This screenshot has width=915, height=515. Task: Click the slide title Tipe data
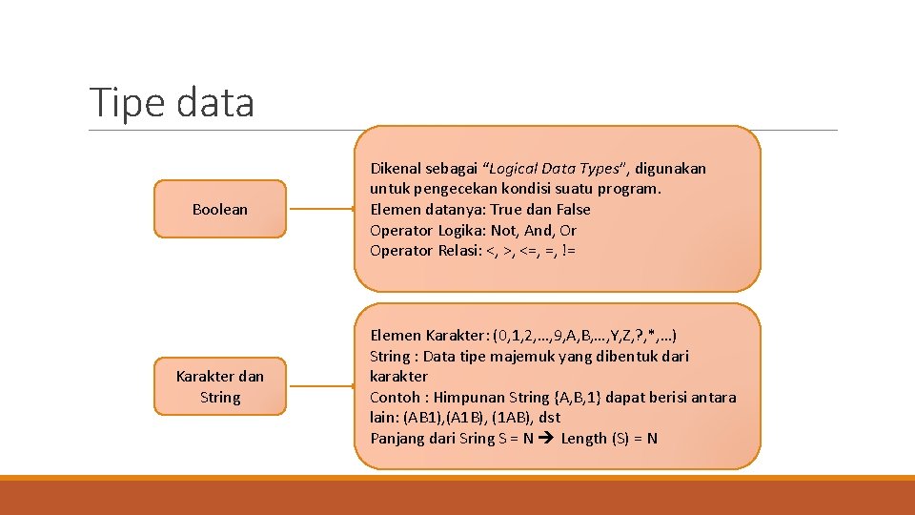[172, 102]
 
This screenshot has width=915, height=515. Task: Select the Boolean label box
[220, 209]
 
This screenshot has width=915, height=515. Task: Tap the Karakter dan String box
[220, 386]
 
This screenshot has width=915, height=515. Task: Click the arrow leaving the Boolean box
[321, 209]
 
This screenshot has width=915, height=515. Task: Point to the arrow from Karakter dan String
[321, 386]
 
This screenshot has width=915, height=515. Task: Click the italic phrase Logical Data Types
[555, 168]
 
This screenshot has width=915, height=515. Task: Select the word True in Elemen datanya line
[506, 209]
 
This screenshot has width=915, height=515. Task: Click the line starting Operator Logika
[473, 230]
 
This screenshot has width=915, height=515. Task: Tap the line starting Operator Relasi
[472, 251]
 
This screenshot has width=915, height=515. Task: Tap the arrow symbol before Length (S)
[547, 439]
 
